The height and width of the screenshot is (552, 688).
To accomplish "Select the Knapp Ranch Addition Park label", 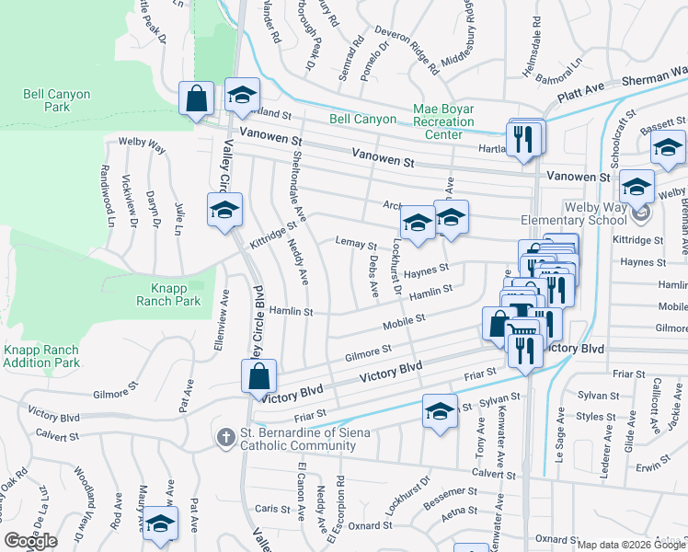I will click(40, 356).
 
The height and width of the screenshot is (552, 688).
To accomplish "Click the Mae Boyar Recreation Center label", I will click(443, 121).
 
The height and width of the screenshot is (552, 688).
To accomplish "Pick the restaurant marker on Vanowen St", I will click(523, 139).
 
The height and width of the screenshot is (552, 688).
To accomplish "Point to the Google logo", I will click(30, 541).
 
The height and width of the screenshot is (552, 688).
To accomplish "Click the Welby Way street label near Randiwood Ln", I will click(142, 145).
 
